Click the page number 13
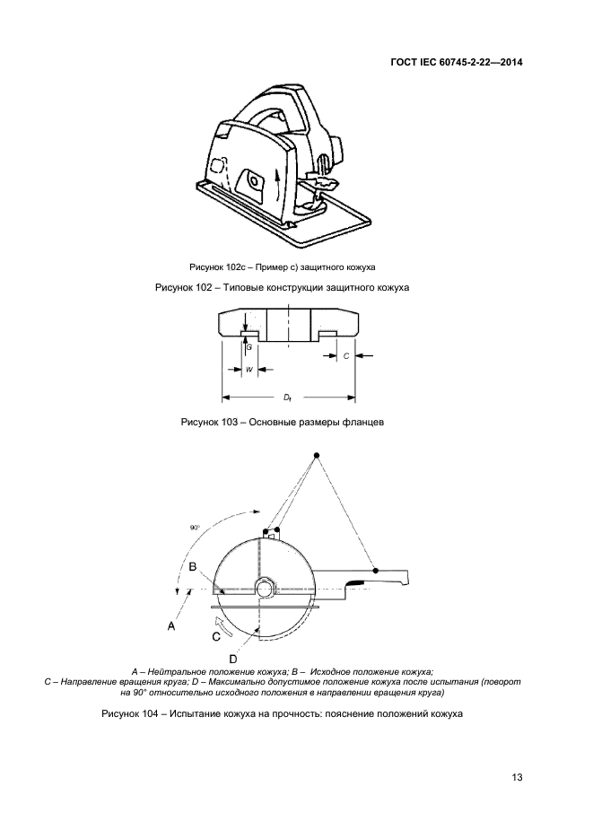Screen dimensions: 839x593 pyautogui.click(x=517, y=777)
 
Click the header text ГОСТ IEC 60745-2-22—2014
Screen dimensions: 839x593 pyautogui.click(x=457, y=63)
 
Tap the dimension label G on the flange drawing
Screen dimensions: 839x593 pyautogui.click(x=249, y=346)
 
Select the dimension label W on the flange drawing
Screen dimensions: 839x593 pyautogui.click(x=249, y=369)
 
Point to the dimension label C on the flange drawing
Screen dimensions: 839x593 pyautogui.click(x=345, y=356)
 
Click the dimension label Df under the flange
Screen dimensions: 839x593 pyautogui.click(x=289, y=396)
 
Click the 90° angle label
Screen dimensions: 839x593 pyautogui.click(x=195, y=528)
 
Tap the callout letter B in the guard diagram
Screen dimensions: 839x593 pyautogui.click(x=192, y=566)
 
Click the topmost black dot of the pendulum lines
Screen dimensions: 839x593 pyautogui.click(x=317, y=457)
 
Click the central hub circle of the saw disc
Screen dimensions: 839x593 pyautogui.click(x=265, y=589)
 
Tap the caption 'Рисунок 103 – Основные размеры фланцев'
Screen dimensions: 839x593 pyautogui.click(x=282, y=421)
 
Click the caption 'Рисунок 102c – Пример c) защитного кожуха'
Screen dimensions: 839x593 pyautogui.click(x=282, y=267)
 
